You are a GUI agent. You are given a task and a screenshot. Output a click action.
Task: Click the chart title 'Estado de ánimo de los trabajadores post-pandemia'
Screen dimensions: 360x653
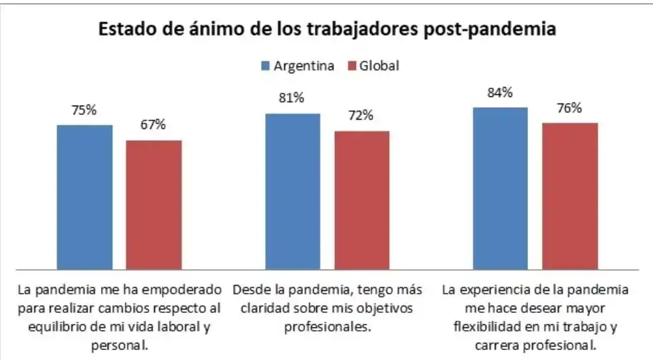click(x=327, y=30)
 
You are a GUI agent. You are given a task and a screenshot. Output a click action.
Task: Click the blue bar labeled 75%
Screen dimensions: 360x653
click(x=84, y=197)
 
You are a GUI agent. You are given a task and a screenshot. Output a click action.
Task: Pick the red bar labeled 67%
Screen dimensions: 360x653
click(x=153, y=205)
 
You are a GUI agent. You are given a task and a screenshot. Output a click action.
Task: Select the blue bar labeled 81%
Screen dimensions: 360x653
click(x=292, y=191)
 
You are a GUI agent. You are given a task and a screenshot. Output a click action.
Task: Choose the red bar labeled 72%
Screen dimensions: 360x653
click(x=361, y=200)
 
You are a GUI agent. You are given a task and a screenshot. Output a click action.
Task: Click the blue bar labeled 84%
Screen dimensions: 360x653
click(x=500, y=188)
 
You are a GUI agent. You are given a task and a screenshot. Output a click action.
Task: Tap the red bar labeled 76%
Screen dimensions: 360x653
click(x=570, y=196)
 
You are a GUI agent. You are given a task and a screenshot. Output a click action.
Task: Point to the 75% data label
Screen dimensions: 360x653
click(x=84, y=111)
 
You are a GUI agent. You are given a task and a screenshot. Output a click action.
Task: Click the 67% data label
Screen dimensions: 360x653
click(x=153, y=126)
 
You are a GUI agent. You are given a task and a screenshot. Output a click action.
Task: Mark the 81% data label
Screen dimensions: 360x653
click(x=292, y=98)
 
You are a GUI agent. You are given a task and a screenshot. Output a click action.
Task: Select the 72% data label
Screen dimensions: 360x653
click(x=361, y=116)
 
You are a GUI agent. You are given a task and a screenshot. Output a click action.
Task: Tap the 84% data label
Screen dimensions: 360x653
click(x=500, y=93)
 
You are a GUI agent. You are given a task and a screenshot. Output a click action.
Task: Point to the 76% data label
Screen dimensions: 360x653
click(x=570, y=108)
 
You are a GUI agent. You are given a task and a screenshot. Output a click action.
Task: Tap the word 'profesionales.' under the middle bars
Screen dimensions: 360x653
click(x=326, y=327)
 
